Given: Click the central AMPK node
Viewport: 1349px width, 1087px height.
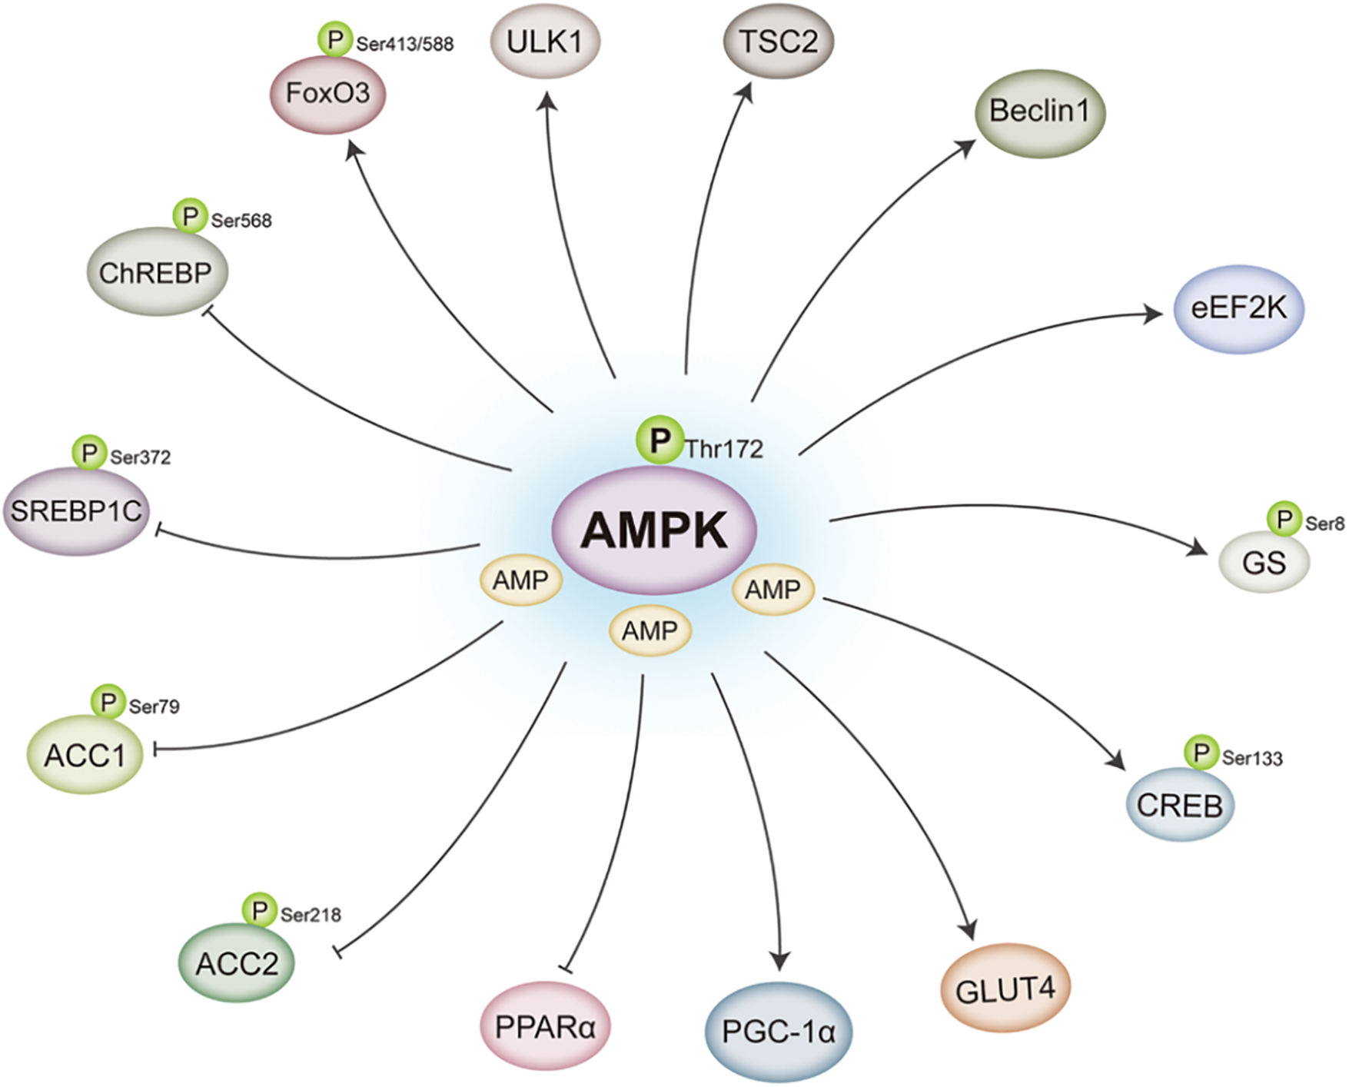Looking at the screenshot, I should (x=654, y=530).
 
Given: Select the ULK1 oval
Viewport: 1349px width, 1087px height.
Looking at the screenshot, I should (x=545, y=41).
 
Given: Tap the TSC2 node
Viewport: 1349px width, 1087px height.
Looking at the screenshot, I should (x=779, y=41).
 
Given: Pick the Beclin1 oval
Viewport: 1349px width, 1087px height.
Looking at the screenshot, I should (x=1039, y=112).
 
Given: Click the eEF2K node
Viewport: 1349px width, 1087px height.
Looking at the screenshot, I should (x=1238, y=309).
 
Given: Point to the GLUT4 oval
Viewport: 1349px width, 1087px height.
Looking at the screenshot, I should (x=1005, y=989).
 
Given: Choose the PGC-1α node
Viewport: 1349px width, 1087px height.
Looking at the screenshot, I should (x=779, y=1032).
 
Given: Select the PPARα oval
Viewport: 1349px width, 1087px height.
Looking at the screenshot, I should (x=545, y=1027).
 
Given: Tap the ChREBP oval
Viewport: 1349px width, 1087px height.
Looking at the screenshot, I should (x=157, y=272).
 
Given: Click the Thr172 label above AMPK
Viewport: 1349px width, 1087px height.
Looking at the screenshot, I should (x=724, y=449).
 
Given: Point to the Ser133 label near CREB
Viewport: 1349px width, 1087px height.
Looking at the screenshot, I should (x=1252, y=759).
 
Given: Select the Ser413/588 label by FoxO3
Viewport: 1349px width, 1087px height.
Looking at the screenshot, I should (x=405, y=44).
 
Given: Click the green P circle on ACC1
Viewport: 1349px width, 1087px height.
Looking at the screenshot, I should (x=108, y=702).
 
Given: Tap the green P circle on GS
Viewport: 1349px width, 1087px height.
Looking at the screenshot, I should (x=1284, y=520).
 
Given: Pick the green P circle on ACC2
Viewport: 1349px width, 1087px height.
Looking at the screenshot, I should (x=260, y=911).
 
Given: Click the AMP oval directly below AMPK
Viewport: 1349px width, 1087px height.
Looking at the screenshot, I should (x=650, y=631).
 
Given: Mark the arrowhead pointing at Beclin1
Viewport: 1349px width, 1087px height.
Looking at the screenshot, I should (x=966, y=147).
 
